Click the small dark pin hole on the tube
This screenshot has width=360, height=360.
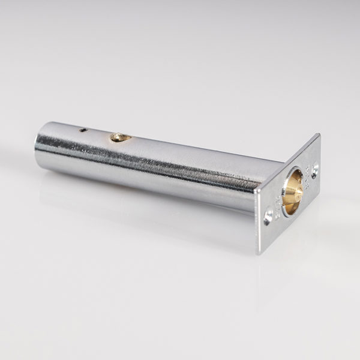tap(83, 130)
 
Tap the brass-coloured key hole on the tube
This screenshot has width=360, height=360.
tap(120, 137)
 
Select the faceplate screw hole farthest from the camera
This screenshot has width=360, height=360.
tap(314, 170)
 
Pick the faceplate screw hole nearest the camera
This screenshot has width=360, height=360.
tap(268, 215)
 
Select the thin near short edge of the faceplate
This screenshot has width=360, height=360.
tap(258, 222)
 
